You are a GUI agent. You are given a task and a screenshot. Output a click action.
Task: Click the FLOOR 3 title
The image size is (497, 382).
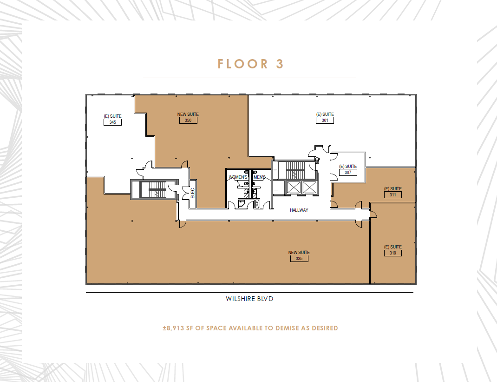pos(250,64)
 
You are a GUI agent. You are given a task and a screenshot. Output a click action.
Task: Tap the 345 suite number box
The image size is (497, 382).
pos(112,122)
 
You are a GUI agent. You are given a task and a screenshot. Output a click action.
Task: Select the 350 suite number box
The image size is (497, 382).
pos(188,120)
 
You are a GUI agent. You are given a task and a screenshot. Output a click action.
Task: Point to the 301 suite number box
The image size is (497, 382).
pos(325,120)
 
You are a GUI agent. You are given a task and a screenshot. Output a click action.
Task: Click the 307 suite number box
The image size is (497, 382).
pos(348,172)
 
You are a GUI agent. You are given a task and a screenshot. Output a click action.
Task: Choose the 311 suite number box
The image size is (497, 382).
pos(392,194)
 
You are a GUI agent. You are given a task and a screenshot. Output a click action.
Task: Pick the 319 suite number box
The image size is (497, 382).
pos(392,253)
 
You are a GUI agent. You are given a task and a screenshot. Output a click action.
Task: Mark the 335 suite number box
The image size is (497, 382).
pos(299,258)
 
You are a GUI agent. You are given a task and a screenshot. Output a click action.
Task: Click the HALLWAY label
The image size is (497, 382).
pos(299,210)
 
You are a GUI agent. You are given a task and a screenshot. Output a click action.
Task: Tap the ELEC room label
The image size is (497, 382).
pos(193,193)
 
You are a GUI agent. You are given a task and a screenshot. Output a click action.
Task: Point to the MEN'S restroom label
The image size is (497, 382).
pos(258,178)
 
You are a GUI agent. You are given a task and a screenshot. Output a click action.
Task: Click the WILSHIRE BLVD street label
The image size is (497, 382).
pos(249,299)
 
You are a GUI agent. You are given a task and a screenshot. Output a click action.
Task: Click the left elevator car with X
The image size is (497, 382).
pos(294,187)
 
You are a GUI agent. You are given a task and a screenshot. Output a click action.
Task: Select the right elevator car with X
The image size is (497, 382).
pos(308,187)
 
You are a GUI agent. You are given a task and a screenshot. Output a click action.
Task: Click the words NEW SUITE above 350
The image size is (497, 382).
pos(188,114)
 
